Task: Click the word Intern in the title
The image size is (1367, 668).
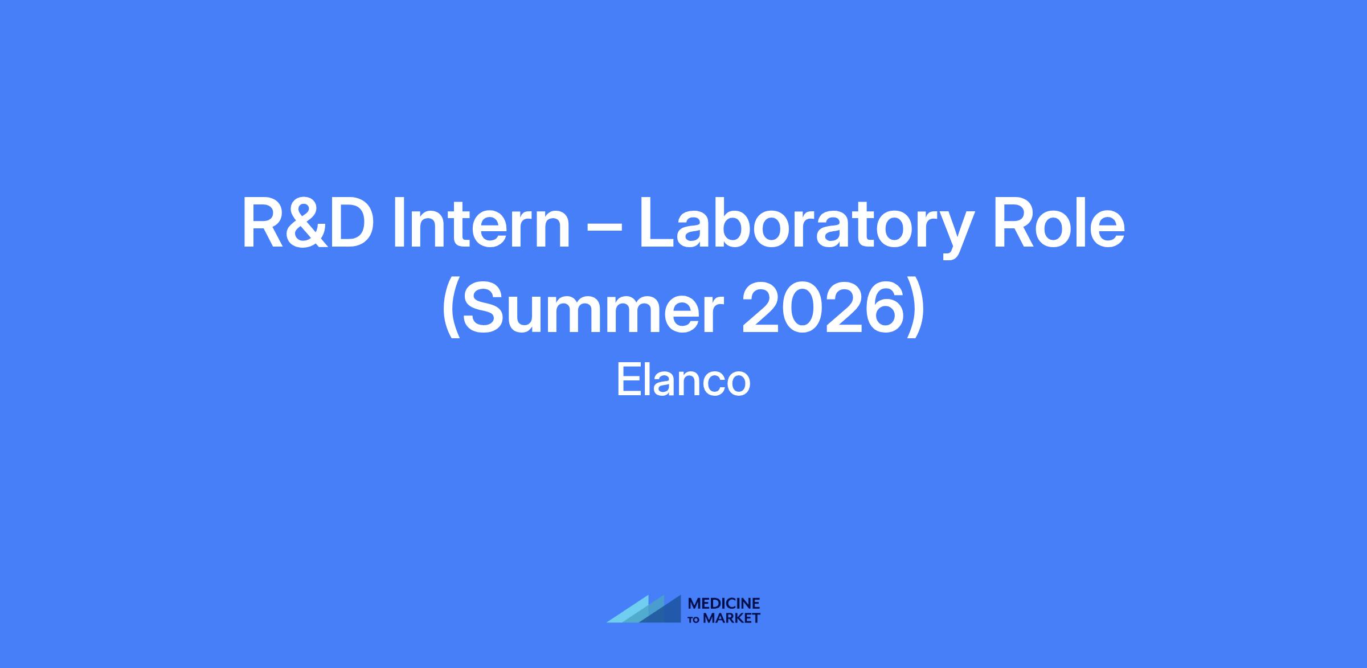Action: pos(481,224)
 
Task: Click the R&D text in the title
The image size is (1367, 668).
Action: pos(308,223)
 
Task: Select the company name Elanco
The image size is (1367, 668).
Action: pos(683,381)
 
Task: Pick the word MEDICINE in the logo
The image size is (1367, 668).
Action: pos(724,604)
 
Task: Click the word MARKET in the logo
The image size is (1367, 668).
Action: pos(732,618)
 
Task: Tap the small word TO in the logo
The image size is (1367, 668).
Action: pos(694,619)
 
